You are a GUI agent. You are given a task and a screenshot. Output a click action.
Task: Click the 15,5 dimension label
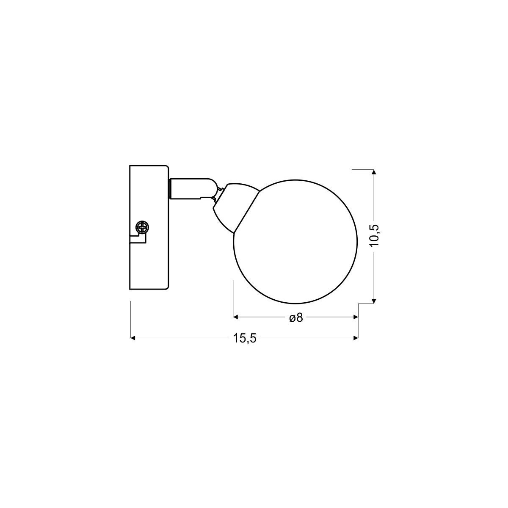(245, 338)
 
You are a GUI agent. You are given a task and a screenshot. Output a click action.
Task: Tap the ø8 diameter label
(296, 317)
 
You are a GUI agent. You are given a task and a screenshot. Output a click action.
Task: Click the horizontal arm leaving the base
(190, 188)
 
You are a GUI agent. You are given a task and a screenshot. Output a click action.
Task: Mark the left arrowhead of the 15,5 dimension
(133, 338)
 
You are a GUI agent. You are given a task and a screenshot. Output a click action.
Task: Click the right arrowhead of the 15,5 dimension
(356, 338)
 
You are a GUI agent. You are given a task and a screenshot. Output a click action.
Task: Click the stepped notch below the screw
(138, 240)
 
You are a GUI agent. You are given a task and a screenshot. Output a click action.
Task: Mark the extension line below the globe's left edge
(234, 296)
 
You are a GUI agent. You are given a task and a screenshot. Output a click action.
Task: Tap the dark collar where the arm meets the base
(170, 188)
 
